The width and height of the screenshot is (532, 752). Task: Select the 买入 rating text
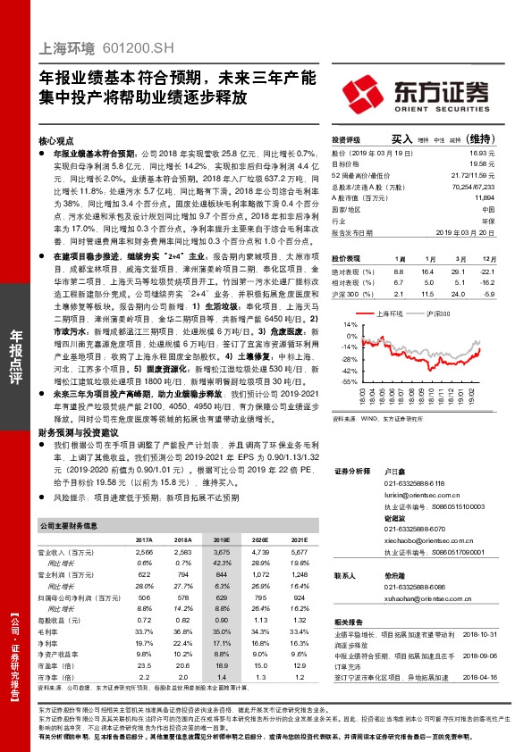pos(401,139)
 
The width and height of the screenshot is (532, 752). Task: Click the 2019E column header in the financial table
pos(220,540)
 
